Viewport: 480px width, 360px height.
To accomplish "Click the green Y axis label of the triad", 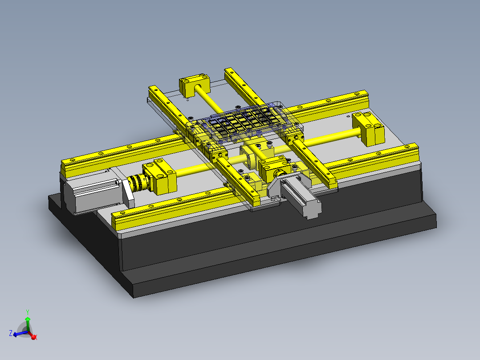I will (27, 312).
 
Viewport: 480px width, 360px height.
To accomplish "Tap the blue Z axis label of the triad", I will (10, 332).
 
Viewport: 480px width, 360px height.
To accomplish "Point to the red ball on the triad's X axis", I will (33, 337).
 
